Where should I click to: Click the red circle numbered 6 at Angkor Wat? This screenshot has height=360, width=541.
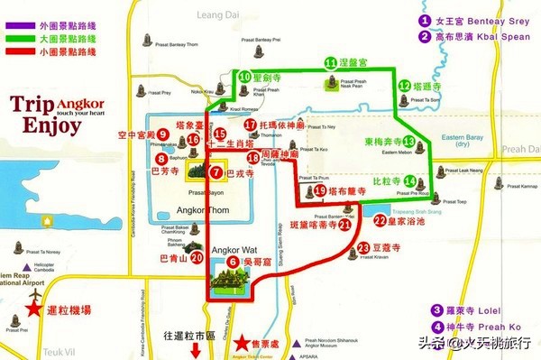click(233, 262)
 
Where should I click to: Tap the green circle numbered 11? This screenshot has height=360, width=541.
click(331, 63)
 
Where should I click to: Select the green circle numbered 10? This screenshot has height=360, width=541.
click(244, 78)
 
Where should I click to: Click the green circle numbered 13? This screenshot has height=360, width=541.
click(408, 142)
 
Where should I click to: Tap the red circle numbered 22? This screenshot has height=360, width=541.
click(380, 219)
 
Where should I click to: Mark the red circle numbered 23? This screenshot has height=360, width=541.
click(363, 247)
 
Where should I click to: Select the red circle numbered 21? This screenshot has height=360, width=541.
click(344, 226)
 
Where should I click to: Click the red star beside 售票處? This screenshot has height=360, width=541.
click(241, 344)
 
